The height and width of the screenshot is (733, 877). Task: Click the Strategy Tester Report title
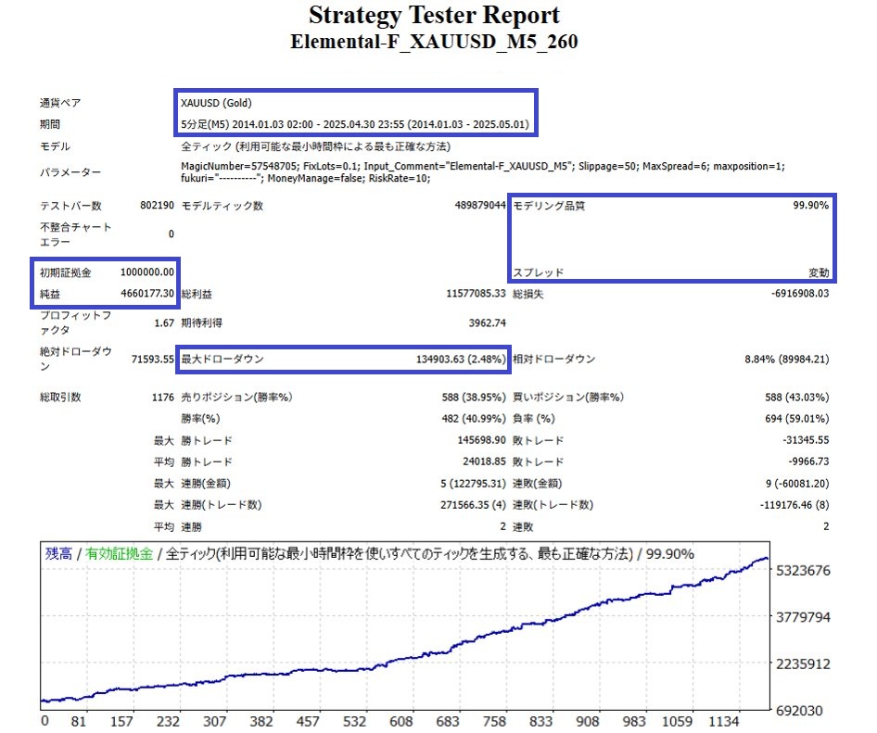434,16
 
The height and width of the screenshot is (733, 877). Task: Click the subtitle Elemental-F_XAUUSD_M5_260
434,42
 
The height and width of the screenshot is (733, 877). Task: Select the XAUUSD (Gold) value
216,103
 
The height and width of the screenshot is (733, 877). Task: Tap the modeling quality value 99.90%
810,206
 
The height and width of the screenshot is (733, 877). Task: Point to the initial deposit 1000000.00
146,272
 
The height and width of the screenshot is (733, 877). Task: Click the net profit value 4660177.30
146,293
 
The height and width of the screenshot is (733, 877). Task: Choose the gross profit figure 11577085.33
475,293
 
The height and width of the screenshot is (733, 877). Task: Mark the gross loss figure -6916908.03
799,293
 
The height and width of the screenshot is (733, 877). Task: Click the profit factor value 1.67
163,322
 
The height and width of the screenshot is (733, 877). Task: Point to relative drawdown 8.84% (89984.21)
786,359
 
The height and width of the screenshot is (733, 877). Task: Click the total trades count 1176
160,397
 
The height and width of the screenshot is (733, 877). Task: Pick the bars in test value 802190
156,206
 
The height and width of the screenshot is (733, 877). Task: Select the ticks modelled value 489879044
477,206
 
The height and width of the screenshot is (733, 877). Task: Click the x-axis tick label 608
400,721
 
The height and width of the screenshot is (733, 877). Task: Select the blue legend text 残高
59,553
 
